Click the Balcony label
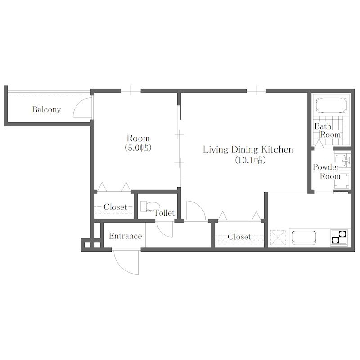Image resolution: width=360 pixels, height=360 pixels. tap(47, 109)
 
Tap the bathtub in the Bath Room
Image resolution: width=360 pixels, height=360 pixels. tap(331, 105)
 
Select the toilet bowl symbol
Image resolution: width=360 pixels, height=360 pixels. tap(149, 206)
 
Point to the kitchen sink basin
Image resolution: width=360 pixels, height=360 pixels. tap(304, 238)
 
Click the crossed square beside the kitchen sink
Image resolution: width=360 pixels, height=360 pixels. tap(278, 238)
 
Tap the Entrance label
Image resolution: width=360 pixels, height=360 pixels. tap(126, 236)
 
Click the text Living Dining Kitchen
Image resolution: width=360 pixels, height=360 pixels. tap(248, 149)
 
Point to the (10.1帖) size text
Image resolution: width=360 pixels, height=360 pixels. tap(250, 160)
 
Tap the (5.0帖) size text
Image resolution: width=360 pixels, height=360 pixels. tap(138, 148)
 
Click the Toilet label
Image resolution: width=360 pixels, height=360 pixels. tap(164, 213)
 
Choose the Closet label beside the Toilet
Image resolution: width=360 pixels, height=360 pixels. tap(115, 207)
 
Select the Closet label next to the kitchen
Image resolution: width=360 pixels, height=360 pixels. tap(239, 237)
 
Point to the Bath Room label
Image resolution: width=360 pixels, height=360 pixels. tap(328, 130)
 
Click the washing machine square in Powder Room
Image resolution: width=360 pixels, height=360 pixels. tap(342, 181)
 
